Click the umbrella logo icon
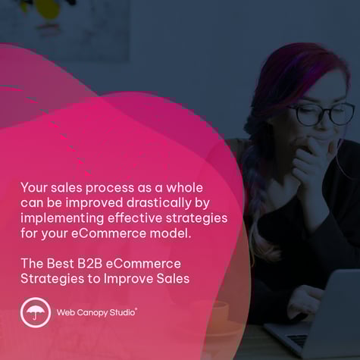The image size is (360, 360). (x=35, y=312)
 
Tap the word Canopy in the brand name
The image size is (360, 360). (x=93, y=311)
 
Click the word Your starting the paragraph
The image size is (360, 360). (x=34, y=186)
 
